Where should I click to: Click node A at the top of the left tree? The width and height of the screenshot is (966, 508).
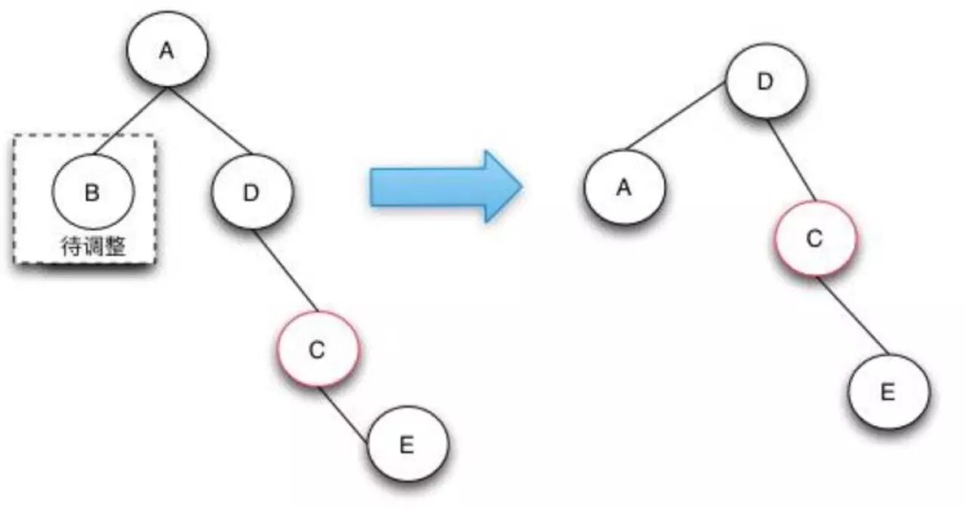[167, 50]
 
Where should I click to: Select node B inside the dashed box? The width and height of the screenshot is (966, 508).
[92, 192]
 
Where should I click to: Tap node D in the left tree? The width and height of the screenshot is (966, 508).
[251, 192]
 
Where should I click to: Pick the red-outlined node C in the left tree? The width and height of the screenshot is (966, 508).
[317, 349]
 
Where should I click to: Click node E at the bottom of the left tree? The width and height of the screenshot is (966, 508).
[407, 445]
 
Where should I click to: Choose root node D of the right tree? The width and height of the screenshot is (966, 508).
[766, 82]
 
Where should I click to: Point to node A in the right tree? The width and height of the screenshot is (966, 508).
[624, 188]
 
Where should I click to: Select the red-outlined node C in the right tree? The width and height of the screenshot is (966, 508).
[814, 239]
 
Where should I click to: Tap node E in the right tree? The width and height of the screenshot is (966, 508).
[888, 393]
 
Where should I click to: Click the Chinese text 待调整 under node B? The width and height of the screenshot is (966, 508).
[92, 246]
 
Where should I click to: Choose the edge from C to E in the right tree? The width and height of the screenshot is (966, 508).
[851, 315]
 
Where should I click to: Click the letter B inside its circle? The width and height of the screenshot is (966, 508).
[92, 192]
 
